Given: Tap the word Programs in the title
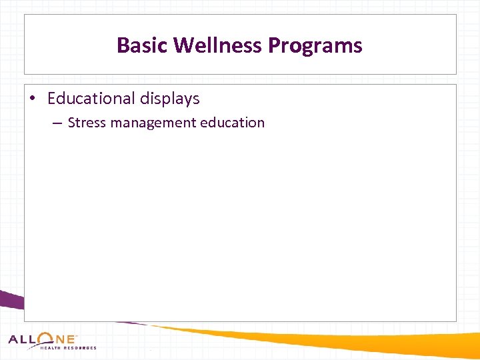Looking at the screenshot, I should click(315, 46).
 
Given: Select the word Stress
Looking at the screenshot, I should click(87, 123).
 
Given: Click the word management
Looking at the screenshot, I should click(150, 123).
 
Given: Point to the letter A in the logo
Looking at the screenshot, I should click(15, 339).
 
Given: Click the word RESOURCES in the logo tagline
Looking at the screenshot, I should click(81, 348).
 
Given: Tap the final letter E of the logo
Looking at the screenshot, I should click(71, 339).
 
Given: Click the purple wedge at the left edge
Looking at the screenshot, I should click(10, 300).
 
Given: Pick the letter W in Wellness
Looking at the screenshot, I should click(184, 45).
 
